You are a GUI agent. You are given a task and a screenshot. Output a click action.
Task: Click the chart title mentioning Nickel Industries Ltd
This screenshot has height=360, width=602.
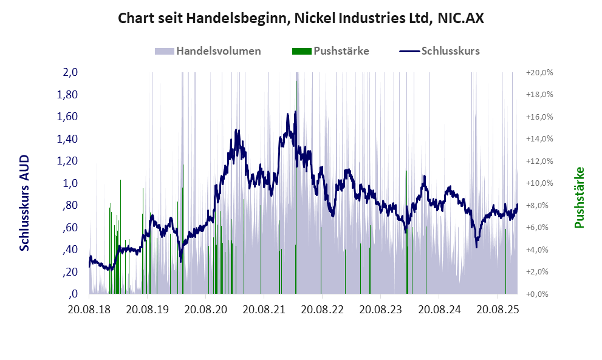301,19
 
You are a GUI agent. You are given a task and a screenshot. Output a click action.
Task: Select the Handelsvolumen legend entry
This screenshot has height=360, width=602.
218,51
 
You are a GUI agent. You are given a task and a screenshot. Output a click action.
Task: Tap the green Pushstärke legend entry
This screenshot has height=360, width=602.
341,51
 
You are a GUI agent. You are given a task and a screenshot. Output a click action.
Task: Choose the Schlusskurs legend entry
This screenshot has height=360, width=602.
450,51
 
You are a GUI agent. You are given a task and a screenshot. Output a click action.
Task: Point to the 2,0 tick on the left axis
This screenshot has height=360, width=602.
70,72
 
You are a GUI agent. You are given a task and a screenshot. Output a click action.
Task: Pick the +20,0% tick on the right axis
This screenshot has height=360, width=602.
539,72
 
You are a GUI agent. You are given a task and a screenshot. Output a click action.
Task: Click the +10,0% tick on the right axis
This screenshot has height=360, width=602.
539,183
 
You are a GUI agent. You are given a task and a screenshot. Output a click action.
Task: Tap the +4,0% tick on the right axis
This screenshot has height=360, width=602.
539,250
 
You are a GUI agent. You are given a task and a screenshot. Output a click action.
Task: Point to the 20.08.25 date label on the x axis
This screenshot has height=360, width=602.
498,310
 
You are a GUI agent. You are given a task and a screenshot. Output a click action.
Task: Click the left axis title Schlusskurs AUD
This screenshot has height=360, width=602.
25,203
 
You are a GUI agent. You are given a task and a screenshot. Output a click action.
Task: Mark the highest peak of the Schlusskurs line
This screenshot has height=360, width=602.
295,112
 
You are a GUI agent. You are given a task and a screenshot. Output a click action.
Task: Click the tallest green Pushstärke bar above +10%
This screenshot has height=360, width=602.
120,180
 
